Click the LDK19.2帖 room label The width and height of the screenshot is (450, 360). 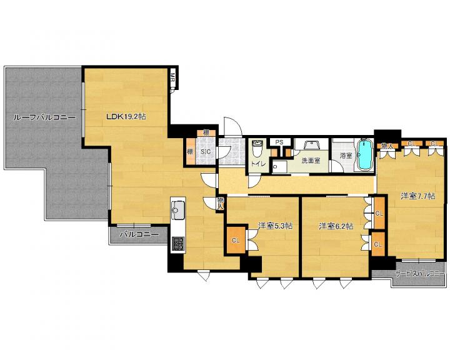[126, 116]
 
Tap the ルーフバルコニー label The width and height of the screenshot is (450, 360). [44, 117]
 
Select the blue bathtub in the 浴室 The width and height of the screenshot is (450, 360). [364, 154]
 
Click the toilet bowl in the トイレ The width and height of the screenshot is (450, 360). [257, 148]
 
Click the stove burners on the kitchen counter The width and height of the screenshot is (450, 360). [178, 244]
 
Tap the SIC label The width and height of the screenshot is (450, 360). [205, 152]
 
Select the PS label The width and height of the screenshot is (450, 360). [279, 142]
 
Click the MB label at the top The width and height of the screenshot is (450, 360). [172, 77]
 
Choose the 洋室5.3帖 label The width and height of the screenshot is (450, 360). [275, 226]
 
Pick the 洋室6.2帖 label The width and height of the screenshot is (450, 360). [336, 226]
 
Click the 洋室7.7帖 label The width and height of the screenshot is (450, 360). [417, 196]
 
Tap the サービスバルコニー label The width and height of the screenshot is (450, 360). [419, 274]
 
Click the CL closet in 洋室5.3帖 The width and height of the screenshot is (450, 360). [236, 240]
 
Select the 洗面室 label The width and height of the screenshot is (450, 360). [311, 161]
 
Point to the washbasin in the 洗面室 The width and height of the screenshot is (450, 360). [311, 144]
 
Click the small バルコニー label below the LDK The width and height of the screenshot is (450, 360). [139, 234]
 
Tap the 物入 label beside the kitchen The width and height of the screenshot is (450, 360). [220, 202]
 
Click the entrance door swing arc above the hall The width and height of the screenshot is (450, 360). [232, 126]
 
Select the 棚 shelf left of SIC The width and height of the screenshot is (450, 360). [190, 151]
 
